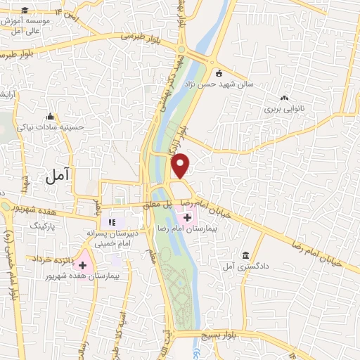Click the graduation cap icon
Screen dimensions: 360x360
[x=25, y=10]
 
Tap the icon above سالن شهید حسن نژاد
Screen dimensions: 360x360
[x=219, y=72]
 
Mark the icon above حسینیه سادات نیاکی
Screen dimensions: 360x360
[x=49, y=116]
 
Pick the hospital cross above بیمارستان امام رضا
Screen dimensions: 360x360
[x=188, y=218]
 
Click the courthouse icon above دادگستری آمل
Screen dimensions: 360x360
[x=245, y=255]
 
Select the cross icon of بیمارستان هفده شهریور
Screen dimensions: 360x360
[x=84, y=265]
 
